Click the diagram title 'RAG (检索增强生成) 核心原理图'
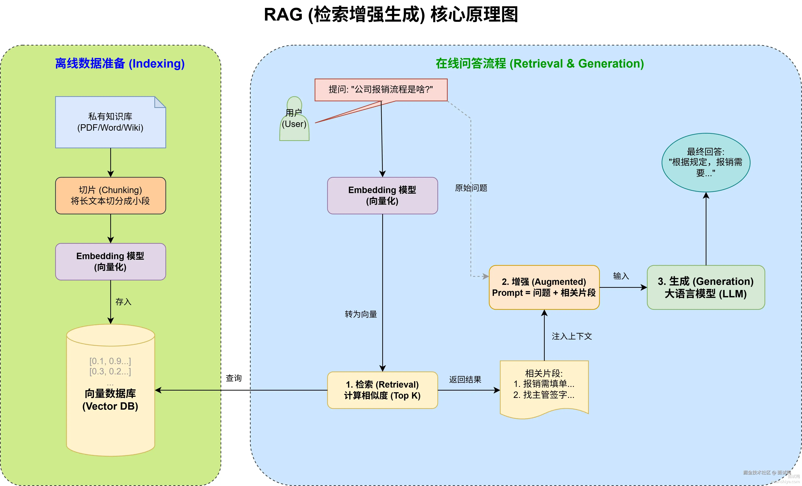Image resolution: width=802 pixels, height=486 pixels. click(x=391, y=15)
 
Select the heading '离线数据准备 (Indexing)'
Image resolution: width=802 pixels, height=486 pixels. click(x=120, y=63)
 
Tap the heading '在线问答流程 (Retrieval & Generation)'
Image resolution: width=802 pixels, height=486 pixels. click(x=540, y=63)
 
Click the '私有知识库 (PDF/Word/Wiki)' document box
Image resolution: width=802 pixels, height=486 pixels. click(x=110, y=122)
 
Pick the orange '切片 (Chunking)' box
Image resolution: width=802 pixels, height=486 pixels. click(x=110, y=195)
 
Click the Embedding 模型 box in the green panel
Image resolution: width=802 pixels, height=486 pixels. click(x=110, y=261)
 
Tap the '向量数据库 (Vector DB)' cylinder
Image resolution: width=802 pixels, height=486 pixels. click(x=110, y=390)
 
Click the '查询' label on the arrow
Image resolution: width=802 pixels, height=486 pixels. click(x=234, y=378)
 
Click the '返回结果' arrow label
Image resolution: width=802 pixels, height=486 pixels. click(x=465, y=379)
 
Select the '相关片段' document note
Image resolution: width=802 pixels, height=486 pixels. click(x=544, y=387)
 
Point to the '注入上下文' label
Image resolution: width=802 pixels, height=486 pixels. click(x=572, y=336)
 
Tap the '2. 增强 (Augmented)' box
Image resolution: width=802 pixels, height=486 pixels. click(x=544, y=287)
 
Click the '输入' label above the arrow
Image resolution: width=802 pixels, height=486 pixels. click(x=621, y=276)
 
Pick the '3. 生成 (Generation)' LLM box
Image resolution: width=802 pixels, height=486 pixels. click(x=706, y=287)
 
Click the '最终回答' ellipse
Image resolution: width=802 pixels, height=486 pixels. click(x=706, y=162)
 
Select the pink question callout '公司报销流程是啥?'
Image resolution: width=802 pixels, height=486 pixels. click(x=381, y=89)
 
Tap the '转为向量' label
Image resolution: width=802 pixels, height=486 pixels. click(x=361, y=314)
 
